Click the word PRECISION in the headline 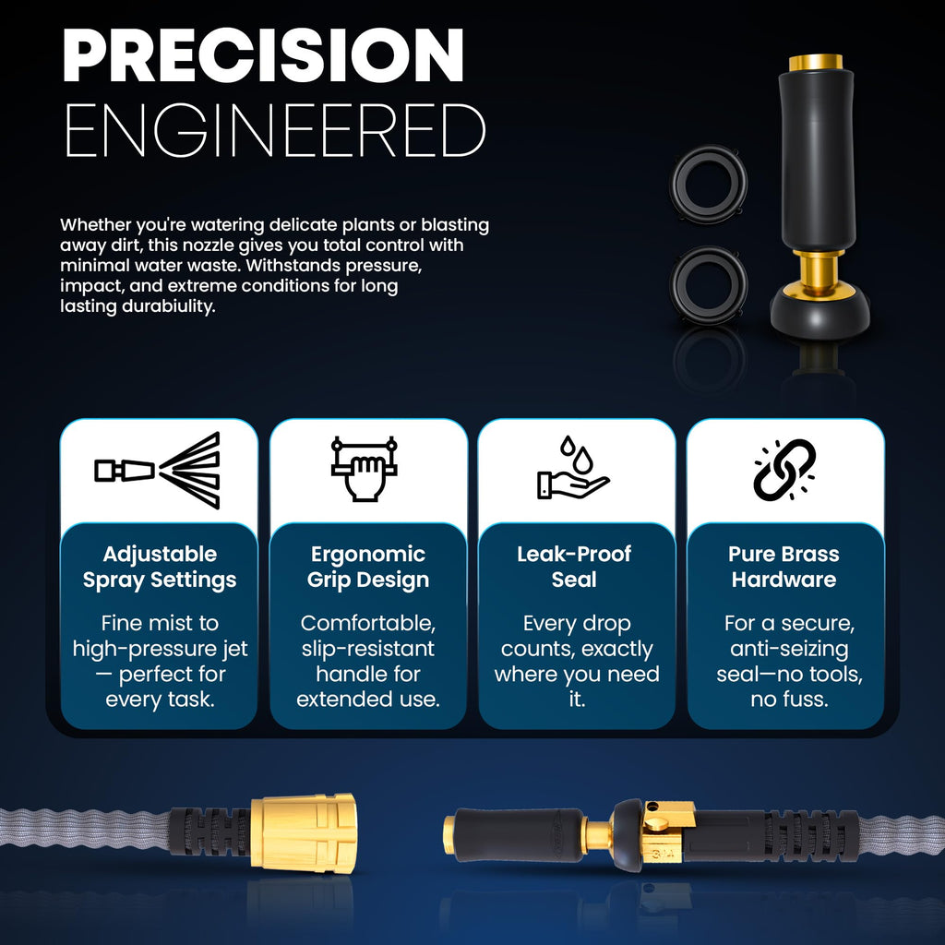[x=263, y=54]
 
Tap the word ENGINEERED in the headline [x=275, y=130]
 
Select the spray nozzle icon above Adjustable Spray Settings [x=157, y=470]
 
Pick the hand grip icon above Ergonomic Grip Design [x=364, y=468]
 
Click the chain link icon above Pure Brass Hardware [x=784, y=470]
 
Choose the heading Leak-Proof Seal [x=574, y=567]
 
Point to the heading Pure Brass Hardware [x=784, y=567]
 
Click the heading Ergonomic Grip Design [x=368, y=567]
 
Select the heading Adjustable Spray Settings [x=160, y=568]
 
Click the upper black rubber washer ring [x=709, y=184]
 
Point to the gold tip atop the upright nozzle [x=816, y=62]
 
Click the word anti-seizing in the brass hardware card [x=789, y=649]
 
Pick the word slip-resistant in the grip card [x=367, y=649]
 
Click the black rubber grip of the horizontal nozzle [x=519, y=834]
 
